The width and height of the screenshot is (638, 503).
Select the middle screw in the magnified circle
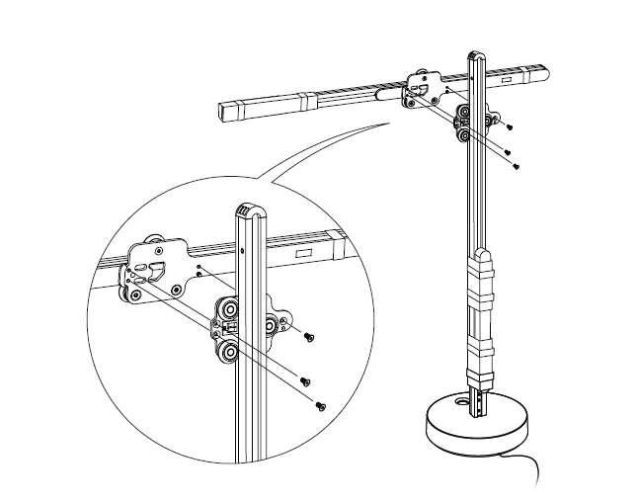[306, 380]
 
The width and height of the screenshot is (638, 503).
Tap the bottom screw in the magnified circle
[320, 404]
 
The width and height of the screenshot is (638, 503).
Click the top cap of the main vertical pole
[474, 57]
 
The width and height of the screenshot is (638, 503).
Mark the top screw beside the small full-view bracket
[510, 126]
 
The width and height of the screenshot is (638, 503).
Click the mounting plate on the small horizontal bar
[423, 87]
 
